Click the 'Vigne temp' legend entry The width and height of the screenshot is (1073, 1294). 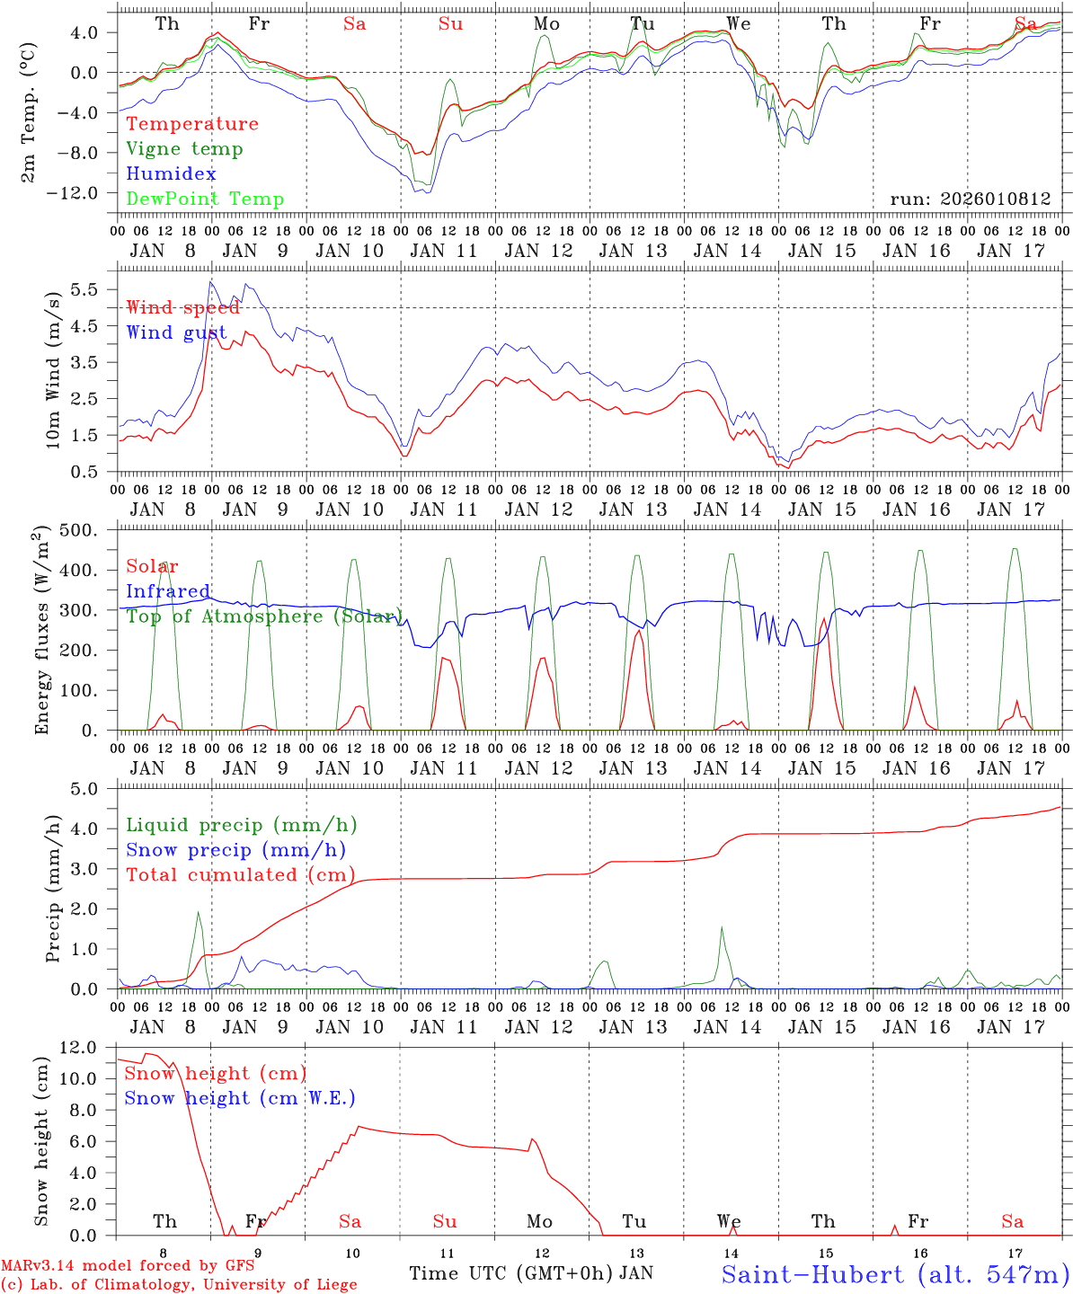[184, 149]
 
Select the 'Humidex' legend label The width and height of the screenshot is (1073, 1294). [172, 174]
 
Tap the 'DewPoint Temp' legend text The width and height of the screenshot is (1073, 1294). [205, 199]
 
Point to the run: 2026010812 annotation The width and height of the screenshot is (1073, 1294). [971, 199]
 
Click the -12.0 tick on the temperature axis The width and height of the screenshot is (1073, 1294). [89, 192]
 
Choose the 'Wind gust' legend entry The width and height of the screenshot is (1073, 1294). [177, 332]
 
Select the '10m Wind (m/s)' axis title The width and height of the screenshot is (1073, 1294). [54, 368]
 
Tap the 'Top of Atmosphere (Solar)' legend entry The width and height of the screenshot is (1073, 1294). [264, 616]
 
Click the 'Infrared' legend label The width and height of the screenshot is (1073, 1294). [168, 591]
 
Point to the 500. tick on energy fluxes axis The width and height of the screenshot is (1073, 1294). [90, 530]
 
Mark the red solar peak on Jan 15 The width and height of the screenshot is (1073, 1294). [824, 619]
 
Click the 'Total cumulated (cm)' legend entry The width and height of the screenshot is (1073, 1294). [240, 875]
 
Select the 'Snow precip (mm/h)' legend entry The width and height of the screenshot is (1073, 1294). [235, 850]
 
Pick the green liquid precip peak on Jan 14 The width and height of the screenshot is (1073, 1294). [721, 927]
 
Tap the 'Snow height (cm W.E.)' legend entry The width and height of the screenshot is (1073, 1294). [240, 1098]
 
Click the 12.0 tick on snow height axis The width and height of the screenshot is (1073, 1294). [89, 1047]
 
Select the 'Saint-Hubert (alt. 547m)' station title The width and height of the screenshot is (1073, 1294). [894, 1274]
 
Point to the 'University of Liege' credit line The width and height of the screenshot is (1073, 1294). [179, 1285]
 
